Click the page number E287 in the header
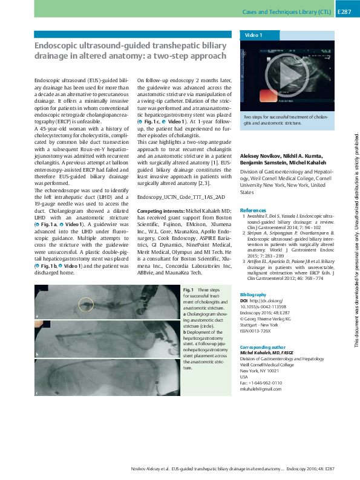point(344,11)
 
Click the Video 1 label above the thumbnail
point(252,36)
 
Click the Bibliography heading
point(254,293)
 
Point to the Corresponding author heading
point(264,348)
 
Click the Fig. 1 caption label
point(188,290)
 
